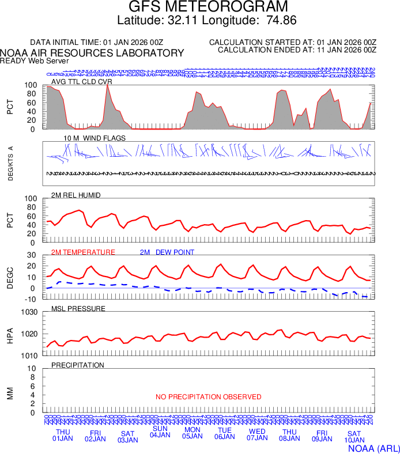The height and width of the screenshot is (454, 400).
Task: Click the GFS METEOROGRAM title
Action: point(207,7)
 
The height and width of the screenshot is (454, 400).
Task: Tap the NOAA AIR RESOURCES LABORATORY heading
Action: point(92,53)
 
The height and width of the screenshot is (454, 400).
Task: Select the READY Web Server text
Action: point(35,60)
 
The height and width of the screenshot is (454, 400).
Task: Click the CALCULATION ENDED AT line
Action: point(297,50)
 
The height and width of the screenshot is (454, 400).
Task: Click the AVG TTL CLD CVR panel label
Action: point(82,82)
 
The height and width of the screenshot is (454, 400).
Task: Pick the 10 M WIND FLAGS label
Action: point(95,139)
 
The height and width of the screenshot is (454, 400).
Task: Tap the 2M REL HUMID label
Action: point(76,195)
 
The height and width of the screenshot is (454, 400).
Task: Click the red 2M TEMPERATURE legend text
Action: point(84,252)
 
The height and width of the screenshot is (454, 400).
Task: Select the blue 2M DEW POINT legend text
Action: point(167,252)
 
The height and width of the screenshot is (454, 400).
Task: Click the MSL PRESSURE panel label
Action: point(78,309)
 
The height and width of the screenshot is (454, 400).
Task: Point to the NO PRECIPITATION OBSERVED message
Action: point(209,397)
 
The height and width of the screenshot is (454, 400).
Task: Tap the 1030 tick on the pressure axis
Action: point(30,312)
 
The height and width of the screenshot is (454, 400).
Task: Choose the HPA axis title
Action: point(10,334)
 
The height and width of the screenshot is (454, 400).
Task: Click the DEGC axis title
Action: point(10,277)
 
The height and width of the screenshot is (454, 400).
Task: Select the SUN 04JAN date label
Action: point(160,432)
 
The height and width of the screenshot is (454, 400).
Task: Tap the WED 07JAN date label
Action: point(257,434)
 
